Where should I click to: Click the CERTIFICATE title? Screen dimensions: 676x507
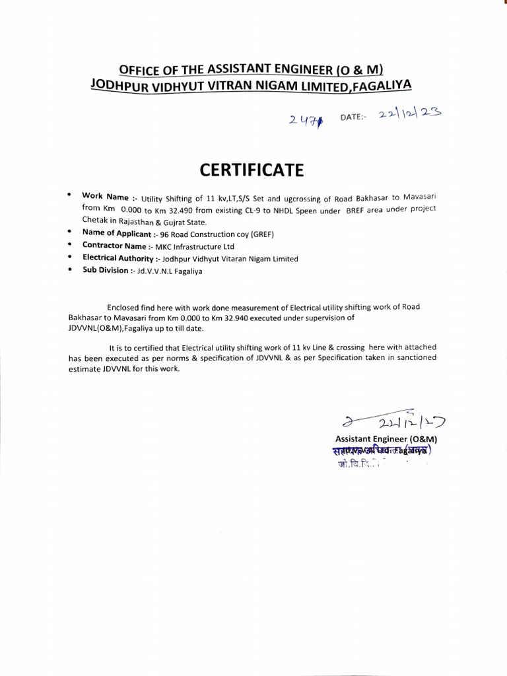coord(252,170)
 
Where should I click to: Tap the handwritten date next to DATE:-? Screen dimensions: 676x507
coord(409,114)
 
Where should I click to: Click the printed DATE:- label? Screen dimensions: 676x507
coord(353,117)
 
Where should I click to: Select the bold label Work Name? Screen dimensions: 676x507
coord(104,196)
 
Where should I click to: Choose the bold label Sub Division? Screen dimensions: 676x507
coord(105,271)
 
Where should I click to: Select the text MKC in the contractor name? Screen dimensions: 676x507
coord(164,246)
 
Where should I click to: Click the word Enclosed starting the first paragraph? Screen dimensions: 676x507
coord(122,307)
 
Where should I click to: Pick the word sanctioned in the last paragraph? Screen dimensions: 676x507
coord(414,358)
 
